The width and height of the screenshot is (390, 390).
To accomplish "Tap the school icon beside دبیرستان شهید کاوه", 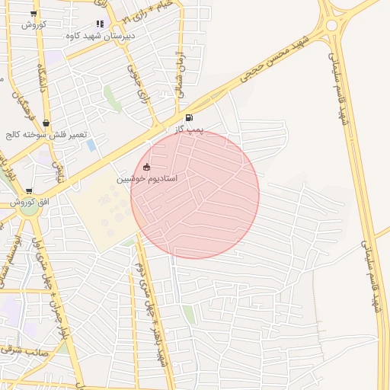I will [x=100, y=24].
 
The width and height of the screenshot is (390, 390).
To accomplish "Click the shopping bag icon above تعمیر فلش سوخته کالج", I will [x=46, y=123].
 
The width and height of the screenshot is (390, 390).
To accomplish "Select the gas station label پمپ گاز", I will [x=187, y=130].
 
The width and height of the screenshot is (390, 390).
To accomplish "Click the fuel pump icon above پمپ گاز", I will [x=189, y=118].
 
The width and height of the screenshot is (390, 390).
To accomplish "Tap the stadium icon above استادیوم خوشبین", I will [x=147, y=167].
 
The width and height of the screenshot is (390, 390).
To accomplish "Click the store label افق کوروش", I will [x=30, y=202].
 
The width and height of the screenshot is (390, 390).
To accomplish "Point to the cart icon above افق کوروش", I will [x=29, y=191].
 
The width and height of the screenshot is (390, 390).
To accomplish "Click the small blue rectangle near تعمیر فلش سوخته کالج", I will [x=91, y=145].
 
